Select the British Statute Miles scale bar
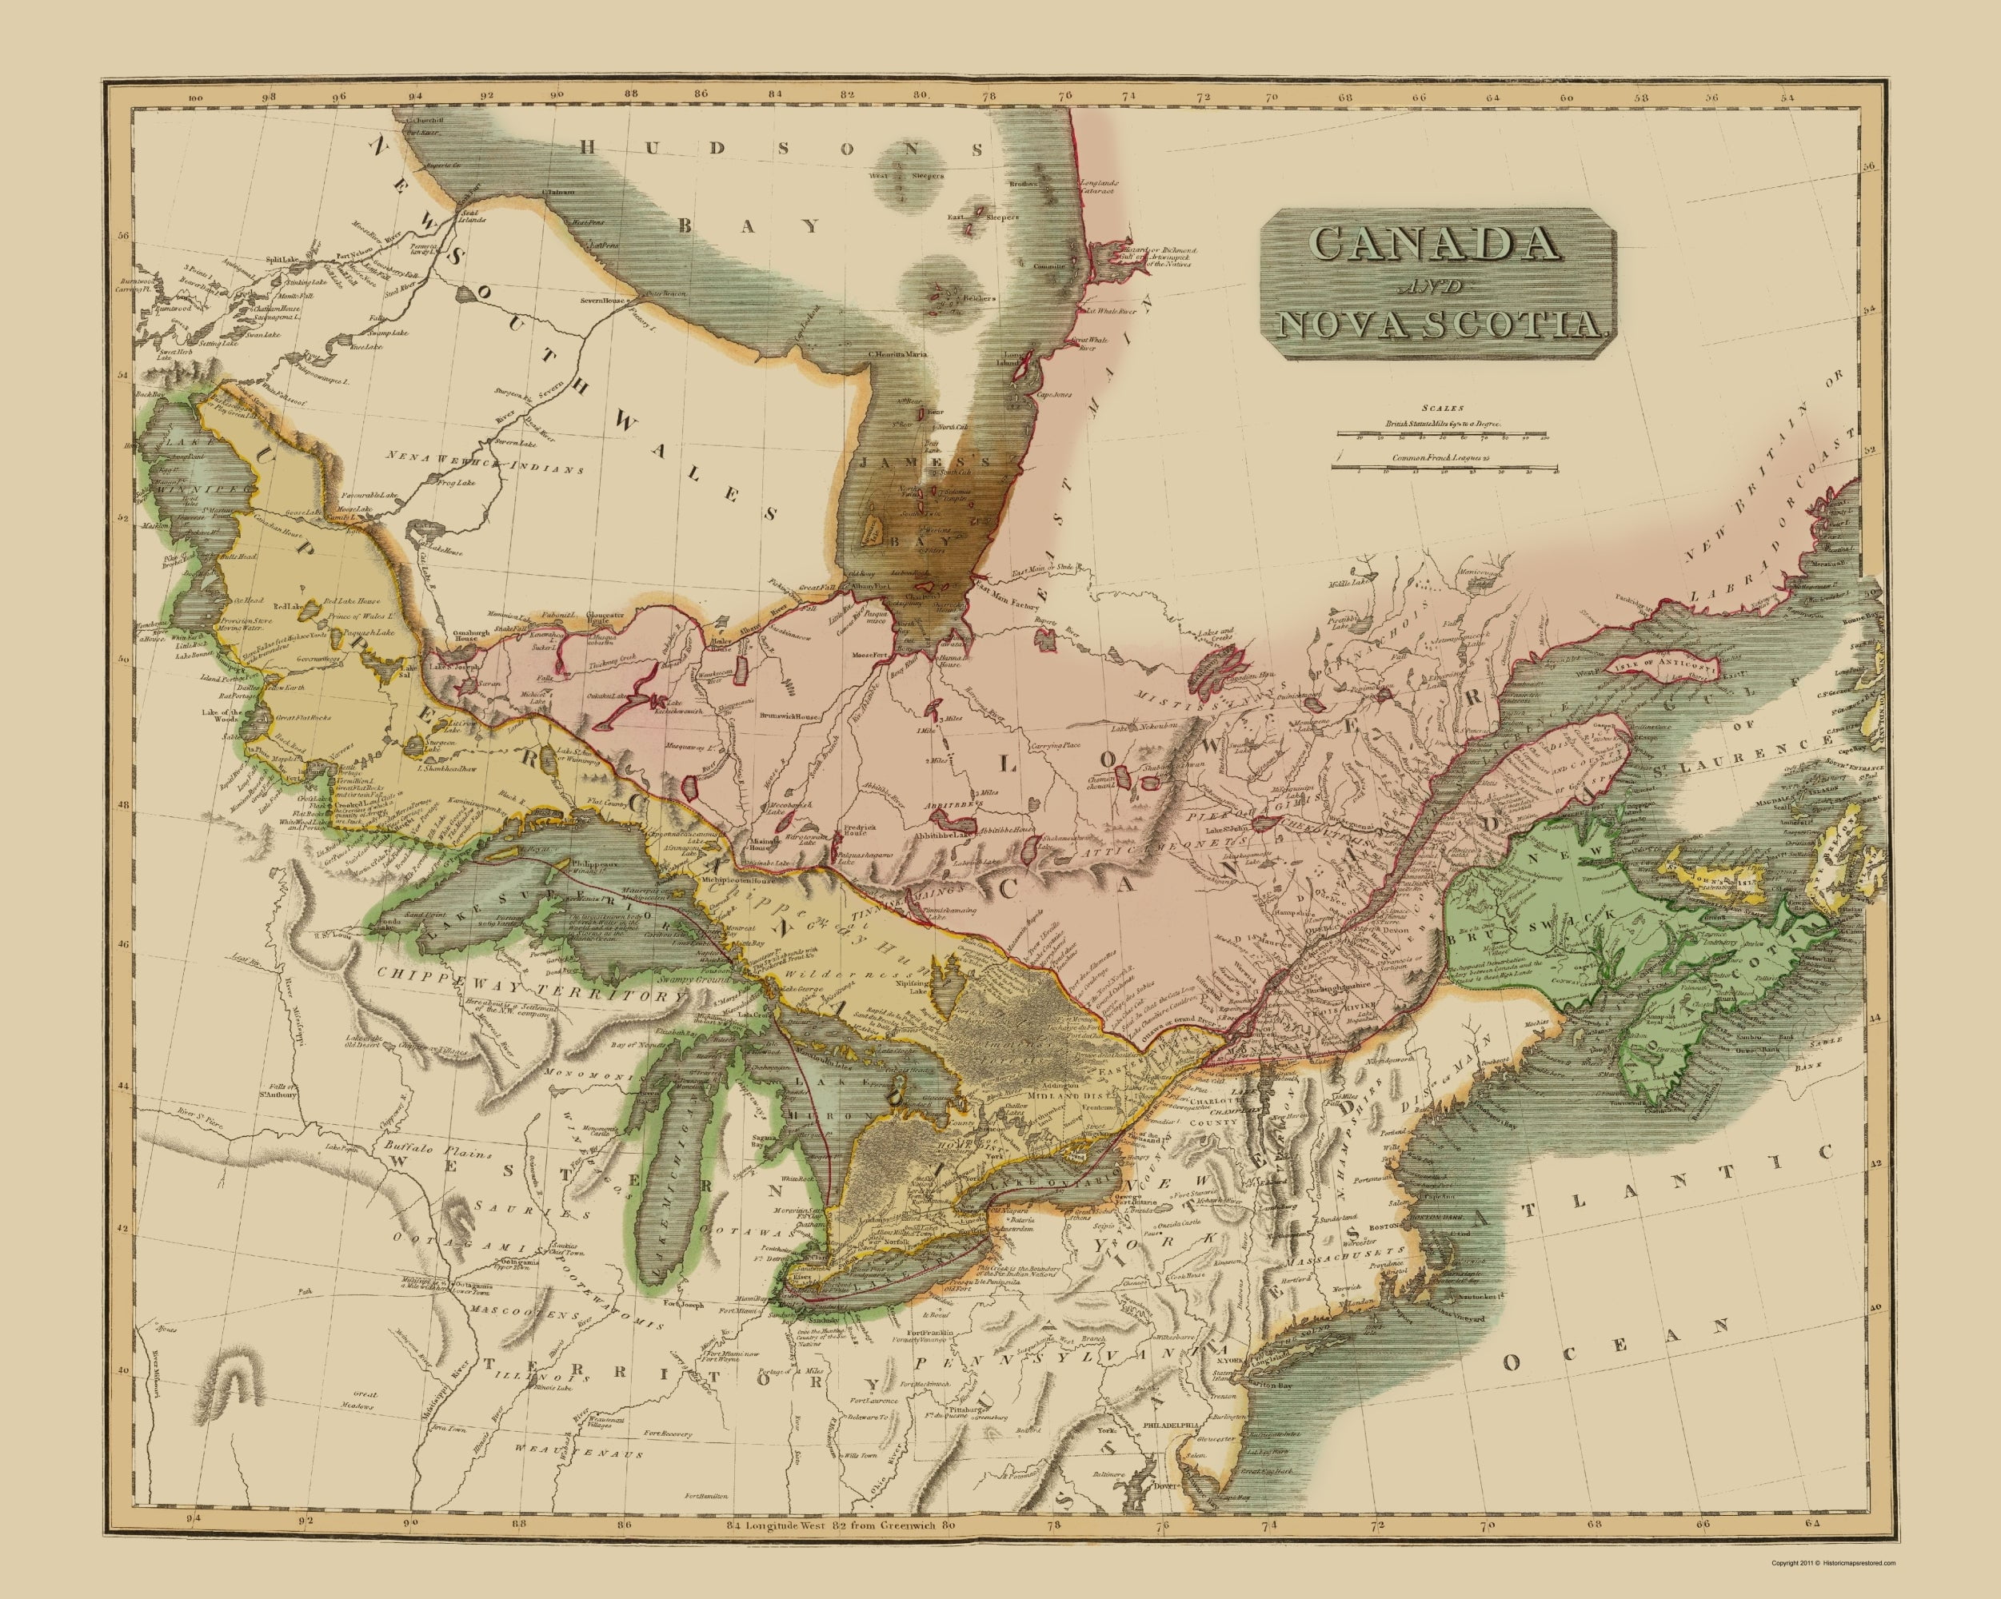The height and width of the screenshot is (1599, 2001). (x=1441, y=434)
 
